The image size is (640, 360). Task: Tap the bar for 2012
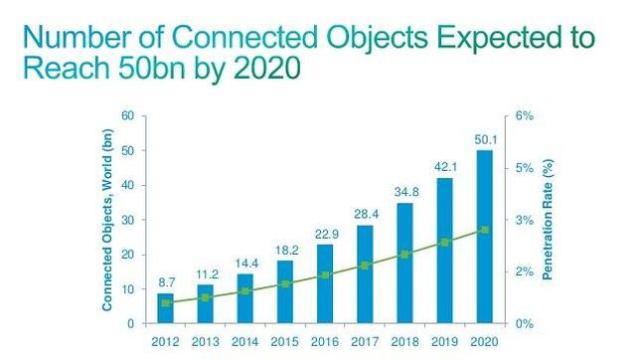[x=167, y=308]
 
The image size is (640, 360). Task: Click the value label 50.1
[x=482, y=139]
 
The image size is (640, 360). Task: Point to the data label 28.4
[x=366, y=215]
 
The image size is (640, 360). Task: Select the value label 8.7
[x=167, y=283]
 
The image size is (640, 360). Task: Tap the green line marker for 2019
[x=443, y=242]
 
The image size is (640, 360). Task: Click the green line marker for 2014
[x=244, y=291]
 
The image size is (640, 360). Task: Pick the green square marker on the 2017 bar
[x=366, y=266]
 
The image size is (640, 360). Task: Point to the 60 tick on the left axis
[x=128, y=116]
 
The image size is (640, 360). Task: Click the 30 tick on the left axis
[x=128, y=220]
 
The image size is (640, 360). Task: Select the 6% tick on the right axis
[x=525, y=116]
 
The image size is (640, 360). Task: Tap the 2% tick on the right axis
[x=525, y=271]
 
